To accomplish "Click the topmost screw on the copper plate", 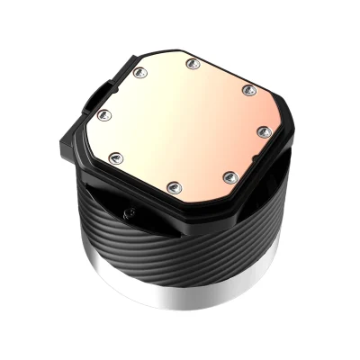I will [x=192, y=63].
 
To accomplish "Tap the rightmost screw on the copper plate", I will [x=263, y=130].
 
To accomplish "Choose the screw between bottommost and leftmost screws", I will [x=114, y=157].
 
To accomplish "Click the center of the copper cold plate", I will [x=184, y=123].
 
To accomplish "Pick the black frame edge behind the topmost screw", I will [x=193, y=51].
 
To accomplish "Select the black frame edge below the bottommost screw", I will [x=175, y=202].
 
